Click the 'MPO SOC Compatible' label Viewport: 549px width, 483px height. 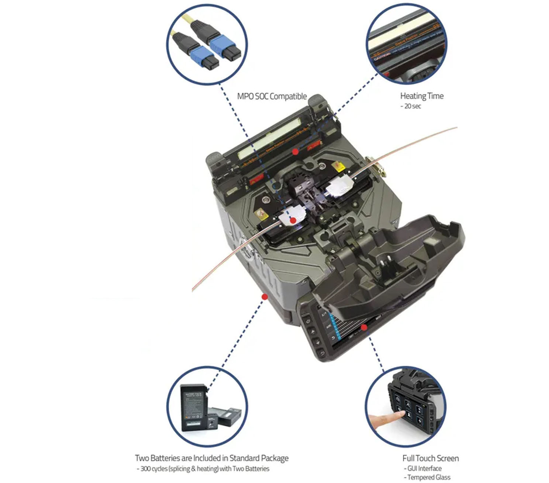coord(272,97)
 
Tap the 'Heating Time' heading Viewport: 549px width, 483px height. coord(422,96)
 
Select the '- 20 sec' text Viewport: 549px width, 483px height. coord(411,106)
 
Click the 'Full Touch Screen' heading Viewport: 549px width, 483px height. coord(431,458)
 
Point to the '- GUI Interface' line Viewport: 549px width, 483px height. coord(423,468)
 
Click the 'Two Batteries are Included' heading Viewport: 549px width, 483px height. coord(211,458)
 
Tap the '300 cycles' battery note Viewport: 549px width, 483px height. coord(203,469)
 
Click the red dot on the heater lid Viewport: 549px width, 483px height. coord(295,152)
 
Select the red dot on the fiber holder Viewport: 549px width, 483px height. coord(293,220)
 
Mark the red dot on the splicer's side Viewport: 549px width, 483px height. coord(265,297)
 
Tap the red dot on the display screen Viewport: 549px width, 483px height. coord(364,327)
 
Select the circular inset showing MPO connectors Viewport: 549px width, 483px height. coord(207,45)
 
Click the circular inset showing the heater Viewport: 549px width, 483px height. coord(405,44)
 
